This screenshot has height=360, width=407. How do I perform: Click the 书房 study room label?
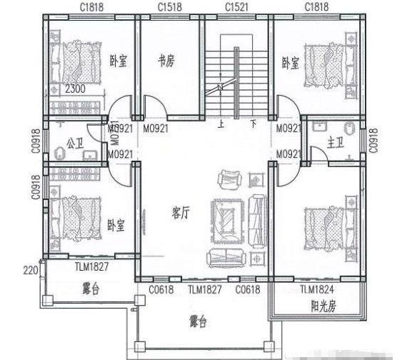[x=166, y=62]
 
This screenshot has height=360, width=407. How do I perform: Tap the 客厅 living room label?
[x=181, y=212]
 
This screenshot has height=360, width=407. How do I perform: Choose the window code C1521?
[x=236, y=6]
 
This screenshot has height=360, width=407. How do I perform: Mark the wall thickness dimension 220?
[x=29, y=270]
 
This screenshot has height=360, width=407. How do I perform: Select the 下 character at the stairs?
[x=253, y=123]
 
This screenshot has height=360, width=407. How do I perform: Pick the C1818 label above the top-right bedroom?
[x=316, y=6]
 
